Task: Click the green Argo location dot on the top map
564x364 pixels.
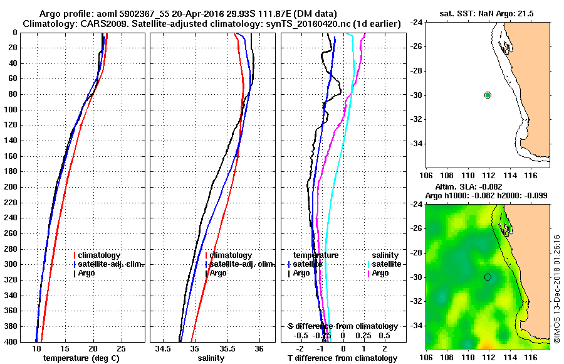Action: point(488,95)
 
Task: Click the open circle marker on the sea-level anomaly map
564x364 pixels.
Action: point(488,277)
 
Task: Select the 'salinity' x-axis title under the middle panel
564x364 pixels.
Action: point(210,358)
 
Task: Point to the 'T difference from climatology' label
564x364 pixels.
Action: point(343,358)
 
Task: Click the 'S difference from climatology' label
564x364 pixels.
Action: point(343,326)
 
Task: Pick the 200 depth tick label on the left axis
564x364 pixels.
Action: point(11,187)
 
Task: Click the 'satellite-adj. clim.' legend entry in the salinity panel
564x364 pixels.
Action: point(240,264)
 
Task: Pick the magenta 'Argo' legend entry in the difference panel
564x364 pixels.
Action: point(380,273)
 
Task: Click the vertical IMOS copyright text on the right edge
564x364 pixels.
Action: point(556,289)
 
